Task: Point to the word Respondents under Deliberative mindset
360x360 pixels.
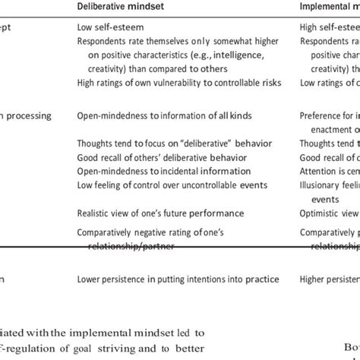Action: pyautogui.click(x=104, y=43)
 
